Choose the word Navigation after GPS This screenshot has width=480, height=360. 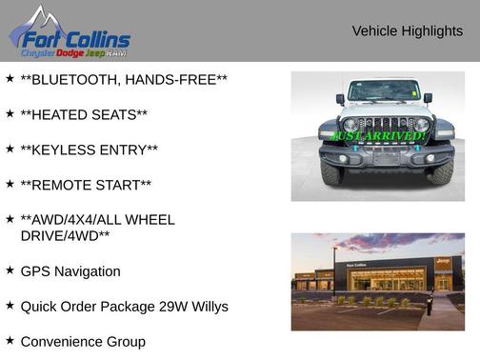(89, 271)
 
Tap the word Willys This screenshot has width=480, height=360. (207, 307)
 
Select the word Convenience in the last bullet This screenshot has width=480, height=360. (63, 341)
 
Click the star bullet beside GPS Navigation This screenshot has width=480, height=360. (10, 270)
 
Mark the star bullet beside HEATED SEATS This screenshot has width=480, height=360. (10, 113)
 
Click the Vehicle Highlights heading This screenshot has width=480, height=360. (407, 31)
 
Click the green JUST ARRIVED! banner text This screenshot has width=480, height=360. (378, 136)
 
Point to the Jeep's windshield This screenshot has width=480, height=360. (383, 91)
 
